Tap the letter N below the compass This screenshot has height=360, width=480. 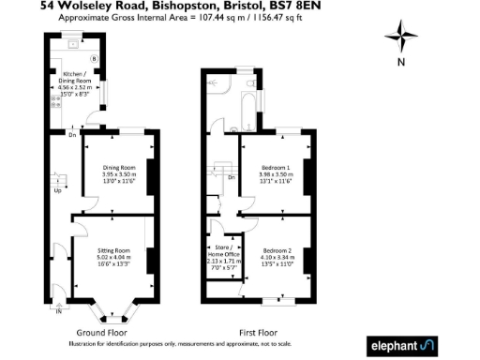click(400, 64)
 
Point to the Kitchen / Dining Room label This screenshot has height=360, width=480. click(76, 82)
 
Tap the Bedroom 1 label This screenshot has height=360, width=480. click(275, 174)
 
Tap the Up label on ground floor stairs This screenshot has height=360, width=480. click(57, 190)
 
